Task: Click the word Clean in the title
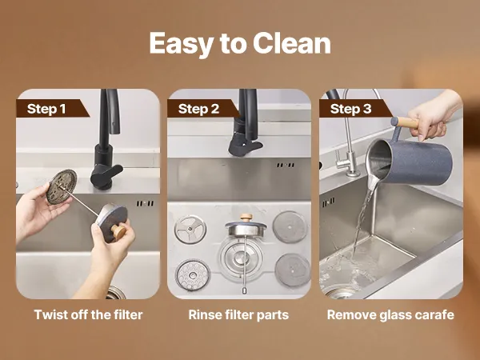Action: pyautogui.click(x=292, y=43)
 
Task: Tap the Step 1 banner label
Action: pyautogui.click(x=46, y=109)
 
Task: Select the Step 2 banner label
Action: pyautogui.click(x=198, y=109)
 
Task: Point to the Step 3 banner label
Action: pyautogui.click(x=350, y=109)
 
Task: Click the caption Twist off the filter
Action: pyautogui.click(x=88, y=314)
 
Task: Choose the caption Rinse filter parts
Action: pyautogui.click(x=238, y=315)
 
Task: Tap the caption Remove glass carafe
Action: pyautogui.click(x=390, y=315)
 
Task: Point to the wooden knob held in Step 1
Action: pyautogui.click(x=118, y=232)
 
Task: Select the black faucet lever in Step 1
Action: pyautogui.click(x=106, y=175)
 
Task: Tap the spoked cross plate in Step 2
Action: pyautogui.click(x=190, y=230)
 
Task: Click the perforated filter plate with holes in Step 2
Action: pyautogui.click(x=193, y=275)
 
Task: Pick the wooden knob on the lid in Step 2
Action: pyautogui.click(x=246, y=217)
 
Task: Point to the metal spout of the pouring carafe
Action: pyautogui.click(x=373, y=182)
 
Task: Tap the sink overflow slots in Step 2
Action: pyautogui.click(x=285, y=165)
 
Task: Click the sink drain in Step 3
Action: pyautogui.click(x=340, y=294)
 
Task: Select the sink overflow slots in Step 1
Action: pyautogui.click(x=145, y=203)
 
